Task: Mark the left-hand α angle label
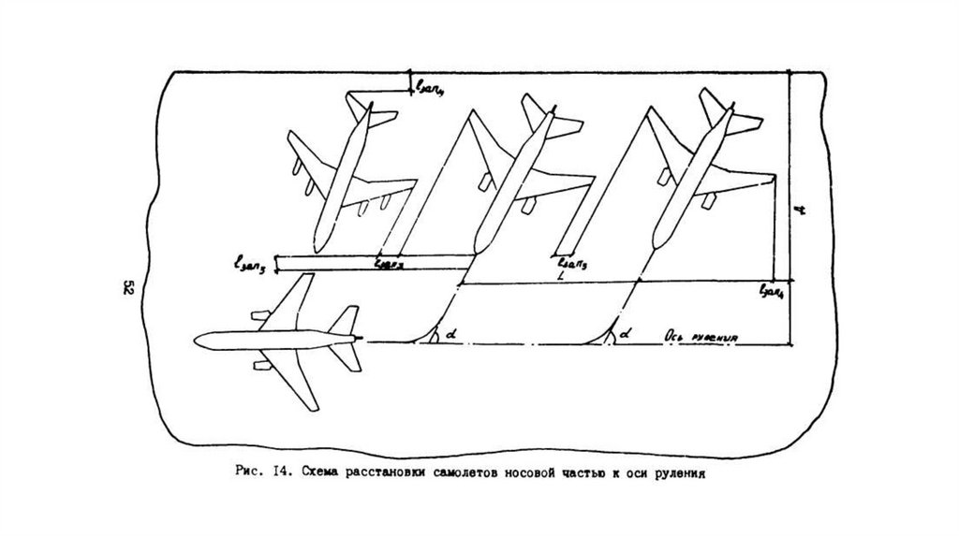[451, 332]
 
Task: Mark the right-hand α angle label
[625, 332]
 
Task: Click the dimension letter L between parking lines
[559, 278]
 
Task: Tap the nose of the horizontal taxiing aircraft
[195, 338]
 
